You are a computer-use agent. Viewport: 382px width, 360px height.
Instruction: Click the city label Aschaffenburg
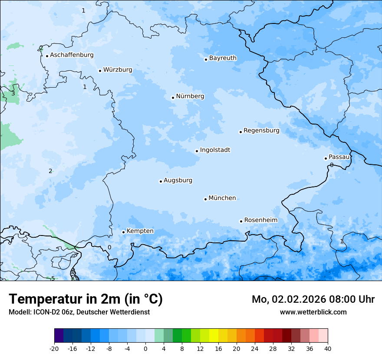tap(72, 55)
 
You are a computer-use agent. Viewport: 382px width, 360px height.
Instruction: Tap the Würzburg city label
tap(118, 70)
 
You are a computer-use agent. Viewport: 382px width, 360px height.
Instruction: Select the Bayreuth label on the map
tap(223, 58)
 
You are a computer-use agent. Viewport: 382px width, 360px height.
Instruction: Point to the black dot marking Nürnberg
tap(173, 98)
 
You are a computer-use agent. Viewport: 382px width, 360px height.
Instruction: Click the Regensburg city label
tap(261, 131)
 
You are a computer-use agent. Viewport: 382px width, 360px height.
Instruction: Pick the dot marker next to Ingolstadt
tap(197, 151)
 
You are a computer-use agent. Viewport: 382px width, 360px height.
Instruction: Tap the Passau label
tap(339, 157)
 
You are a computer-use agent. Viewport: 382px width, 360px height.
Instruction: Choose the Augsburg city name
tap(178, 180)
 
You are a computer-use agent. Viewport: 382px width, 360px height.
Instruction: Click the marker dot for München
tap(205, 199)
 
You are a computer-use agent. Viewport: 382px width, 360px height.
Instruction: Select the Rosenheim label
tap(260, 220)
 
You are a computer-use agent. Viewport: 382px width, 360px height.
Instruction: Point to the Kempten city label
tap(140, 231)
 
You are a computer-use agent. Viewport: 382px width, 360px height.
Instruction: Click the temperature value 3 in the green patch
tap(13, 94)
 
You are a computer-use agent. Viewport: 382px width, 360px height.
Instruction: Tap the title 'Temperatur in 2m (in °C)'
tap(86, 299)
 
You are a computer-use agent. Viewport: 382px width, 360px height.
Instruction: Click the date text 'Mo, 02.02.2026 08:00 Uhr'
tap(313, 299)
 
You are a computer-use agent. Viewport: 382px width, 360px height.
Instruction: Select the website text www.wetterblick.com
tap(313, 312)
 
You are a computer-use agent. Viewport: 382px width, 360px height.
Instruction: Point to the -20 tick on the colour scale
tap(54, 349)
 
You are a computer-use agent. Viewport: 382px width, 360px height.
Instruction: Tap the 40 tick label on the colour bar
tap(328, 349)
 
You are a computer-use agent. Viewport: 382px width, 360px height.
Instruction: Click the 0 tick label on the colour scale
tap(145, 349)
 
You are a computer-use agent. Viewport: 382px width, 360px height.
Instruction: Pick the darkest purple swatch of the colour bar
tap(59, 336)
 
